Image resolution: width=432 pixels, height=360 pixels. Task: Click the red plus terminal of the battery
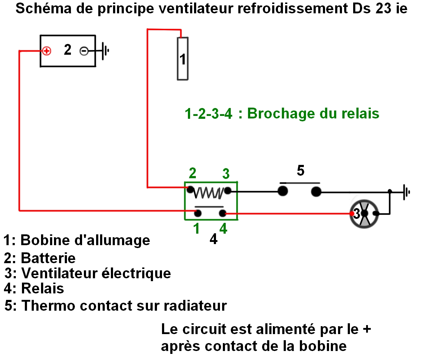[46, 51]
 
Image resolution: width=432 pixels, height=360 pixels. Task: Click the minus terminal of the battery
[84, 51]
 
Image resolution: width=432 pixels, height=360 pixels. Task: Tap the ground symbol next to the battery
[105, 51]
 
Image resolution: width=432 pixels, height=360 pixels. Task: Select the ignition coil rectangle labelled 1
[183, 58]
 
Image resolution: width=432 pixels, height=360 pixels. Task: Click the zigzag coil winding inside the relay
[208, 193]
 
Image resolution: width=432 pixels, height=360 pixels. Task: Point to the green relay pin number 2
[193, 174]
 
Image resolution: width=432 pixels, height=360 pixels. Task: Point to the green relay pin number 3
[226, 174]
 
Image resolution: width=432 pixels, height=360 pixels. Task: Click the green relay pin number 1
[197, 228]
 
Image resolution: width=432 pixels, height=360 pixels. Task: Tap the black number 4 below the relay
[213, 239]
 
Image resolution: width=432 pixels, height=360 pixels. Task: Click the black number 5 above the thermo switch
[301, 171]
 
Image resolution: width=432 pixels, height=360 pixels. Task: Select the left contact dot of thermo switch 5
[283, 191]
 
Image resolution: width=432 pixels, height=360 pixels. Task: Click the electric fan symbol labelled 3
[364, 213]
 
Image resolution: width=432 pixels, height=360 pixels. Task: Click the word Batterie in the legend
[48, 258]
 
